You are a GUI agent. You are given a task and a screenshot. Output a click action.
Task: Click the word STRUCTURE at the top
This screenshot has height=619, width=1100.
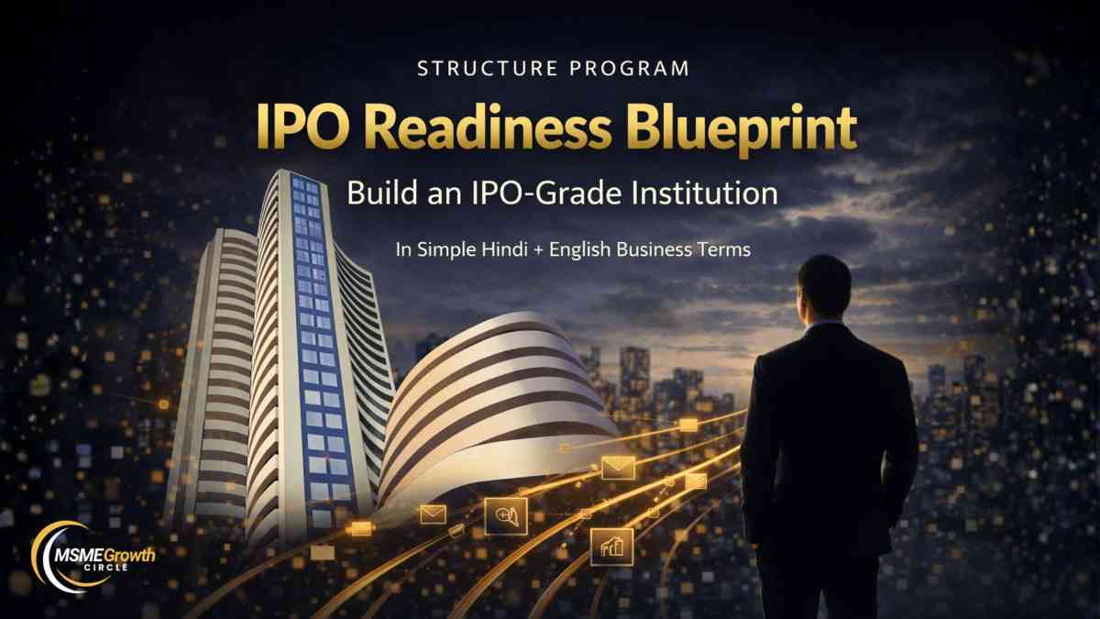[x=488, y=68]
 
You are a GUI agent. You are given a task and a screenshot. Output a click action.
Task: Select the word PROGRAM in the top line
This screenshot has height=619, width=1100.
[x=630, y=68]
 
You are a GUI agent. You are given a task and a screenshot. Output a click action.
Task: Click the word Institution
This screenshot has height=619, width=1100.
[x=705, y=193]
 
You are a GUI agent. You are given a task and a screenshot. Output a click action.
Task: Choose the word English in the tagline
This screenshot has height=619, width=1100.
[x=580, y=250]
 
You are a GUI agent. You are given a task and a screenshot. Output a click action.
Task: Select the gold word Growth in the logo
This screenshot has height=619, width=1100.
[x=129, y=556]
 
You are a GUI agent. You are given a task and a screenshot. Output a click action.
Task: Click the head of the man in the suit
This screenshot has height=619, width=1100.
[x=825, y=291]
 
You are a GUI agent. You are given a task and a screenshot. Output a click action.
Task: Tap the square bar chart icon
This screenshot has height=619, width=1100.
[x=612, y=547]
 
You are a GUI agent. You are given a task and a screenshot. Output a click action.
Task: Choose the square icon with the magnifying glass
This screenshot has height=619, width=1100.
[x=506, y=516]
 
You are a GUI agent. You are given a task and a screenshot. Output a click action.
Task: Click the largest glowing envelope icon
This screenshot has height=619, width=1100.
[x=618, y=468]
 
